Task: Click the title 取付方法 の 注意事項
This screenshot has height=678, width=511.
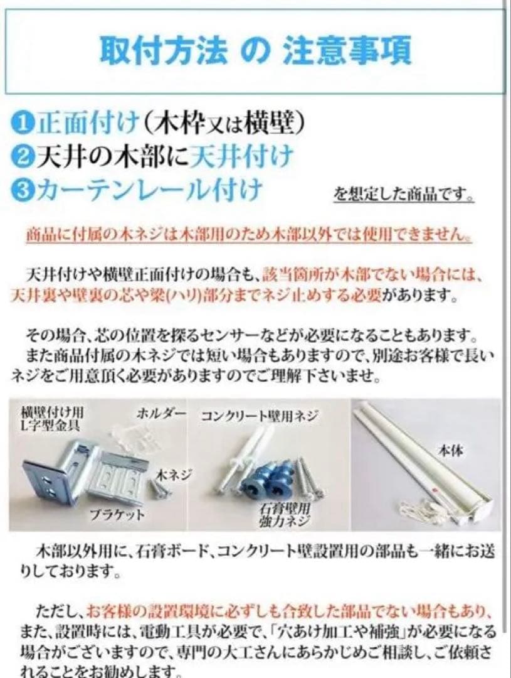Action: [255, 51]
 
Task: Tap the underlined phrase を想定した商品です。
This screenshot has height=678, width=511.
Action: [403, 195]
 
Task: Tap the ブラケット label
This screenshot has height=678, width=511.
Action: [117, 515]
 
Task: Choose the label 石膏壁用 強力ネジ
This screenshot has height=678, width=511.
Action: [285, 515]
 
